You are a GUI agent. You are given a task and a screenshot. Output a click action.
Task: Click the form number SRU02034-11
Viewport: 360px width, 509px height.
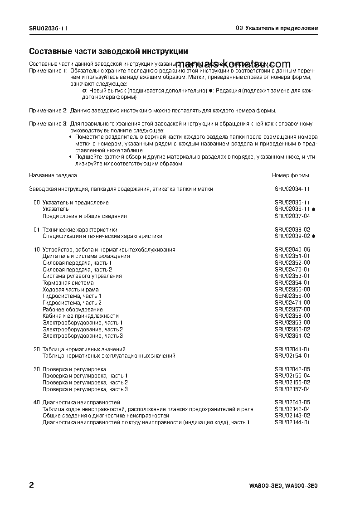[292, 189]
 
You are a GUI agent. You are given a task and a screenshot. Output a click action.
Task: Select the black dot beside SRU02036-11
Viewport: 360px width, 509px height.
[314, 209]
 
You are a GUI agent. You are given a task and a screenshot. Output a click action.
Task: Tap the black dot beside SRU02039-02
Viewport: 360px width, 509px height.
[314, 236]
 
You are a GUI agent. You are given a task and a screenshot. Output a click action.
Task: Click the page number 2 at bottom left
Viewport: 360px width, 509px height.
[31, 485]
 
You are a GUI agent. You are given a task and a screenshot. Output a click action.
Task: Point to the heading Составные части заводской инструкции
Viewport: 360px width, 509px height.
[108, 52]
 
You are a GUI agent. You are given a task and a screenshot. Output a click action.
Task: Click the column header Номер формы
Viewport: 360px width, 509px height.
[290, 175]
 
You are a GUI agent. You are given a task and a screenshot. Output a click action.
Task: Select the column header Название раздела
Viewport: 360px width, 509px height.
[53, 175]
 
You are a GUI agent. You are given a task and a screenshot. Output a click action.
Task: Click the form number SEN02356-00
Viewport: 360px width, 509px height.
[292, 296]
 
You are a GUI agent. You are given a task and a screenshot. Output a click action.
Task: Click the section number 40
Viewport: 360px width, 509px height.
[37, 402]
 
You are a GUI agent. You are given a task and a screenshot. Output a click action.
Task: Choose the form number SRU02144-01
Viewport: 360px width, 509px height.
[292, 422]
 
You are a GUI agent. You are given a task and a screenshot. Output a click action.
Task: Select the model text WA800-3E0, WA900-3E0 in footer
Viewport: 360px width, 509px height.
[283, 486]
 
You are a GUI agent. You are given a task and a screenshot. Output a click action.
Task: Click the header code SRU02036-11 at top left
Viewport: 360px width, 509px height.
[49, 28]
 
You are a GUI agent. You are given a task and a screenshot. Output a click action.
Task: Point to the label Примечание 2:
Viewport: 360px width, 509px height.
[49, 111]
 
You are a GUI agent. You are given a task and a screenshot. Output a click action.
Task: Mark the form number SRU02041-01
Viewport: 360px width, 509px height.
[292, 349]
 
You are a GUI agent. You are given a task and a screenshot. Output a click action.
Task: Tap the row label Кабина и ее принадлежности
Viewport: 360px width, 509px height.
[80, 316]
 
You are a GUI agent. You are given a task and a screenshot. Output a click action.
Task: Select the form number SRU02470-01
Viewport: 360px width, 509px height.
[292, 269]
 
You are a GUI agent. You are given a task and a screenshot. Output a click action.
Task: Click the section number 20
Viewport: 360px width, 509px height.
[37, 349]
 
